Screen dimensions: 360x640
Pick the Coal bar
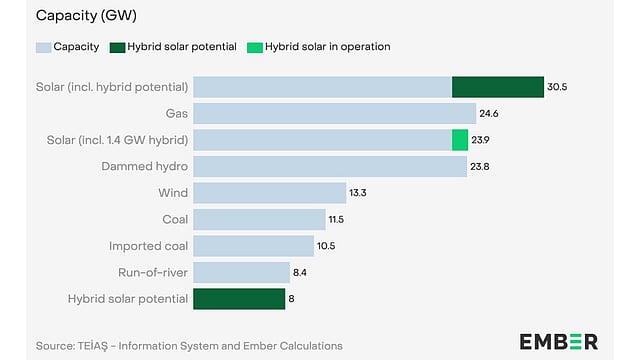pyautogui.click(x=259, y=219)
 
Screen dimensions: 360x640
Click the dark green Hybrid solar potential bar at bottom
pyautogui.click(x=239, y=299)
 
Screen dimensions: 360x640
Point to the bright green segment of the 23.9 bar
pyautogui.click(x=460, y=140)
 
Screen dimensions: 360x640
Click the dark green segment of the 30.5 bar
pyautogui.click(x=497, y=87)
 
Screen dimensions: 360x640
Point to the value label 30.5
pyautogui.click(x=558, y=87)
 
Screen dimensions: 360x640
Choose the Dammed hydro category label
pyautogui.click(x=148, y=166)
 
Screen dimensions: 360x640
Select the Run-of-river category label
pyautogui.click(x=155, y=272)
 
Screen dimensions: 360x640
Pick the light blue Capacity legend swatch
pyautogui.click(x=42, y=47)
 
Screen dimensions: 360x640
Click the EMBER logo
pyautogui.click(x=558, y=342)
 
